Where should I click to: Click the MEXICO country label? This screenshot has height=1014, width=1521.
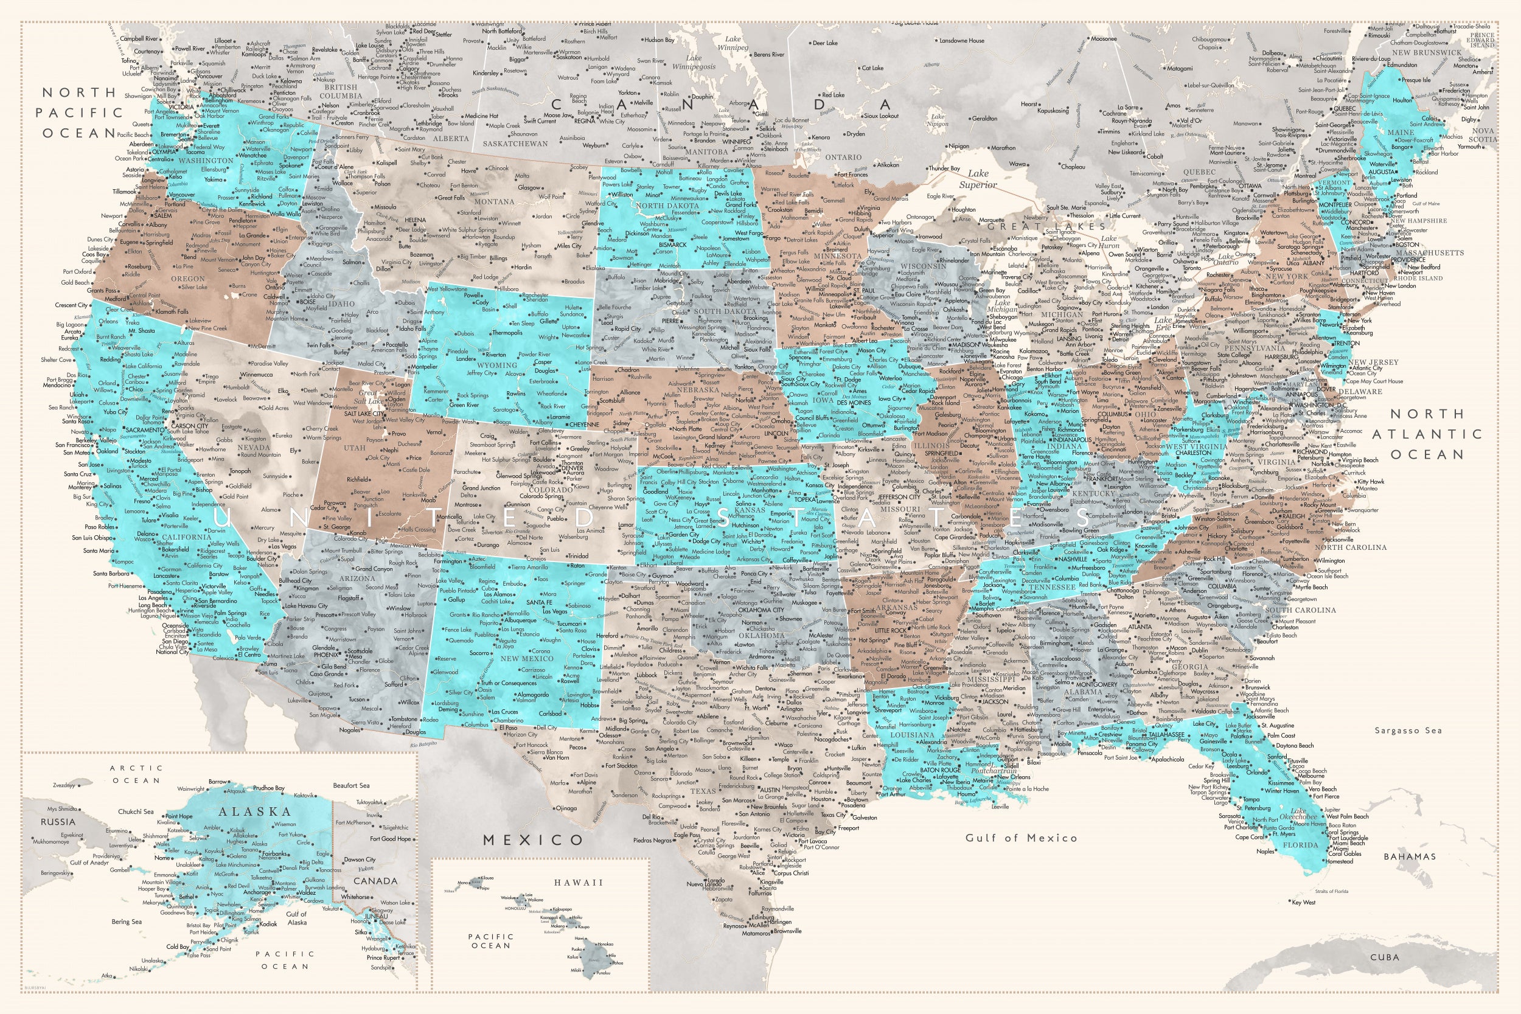[534, 840]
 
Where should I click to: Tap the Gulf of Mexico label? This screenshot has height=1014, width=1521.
[1021, 838]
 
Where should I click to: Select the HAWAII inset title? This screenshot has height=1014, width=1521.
[578, 883]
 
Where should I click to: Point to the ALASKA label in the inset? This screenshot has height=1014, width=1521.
[255, 811]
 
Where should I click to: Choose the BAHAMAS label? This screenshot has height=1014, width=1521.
[1409, 857]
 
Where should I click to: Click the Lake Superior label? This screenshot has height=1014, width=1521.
[978, 179]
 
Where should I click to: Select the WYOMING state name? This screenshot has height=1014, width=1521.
[496, 366]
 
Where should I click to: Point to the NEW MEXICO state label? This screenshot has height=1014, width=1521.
[527, 659]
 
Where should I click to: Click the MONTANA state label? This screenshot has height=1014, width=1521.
[494, 202]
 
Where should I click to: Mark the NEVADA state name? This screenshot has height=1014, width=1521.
[254, 448]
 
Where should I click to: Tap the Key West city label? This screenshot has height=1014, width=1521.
[1304, 902]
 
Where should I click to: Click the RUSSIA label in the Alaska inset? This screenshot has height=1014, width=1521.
[58, 822]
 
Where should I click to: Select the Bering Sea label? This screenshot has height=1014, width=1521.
[127, 922]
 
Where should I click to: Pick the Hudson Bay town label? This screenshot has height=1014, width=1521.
[659, 40]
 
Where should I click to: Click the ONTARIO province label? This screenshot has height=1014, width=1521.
[843, 157]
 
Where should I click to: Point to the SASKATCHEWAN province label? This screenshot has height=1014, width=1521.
[515, 144]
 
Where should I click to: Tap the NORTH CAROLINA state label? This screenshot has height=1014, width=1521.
[1350, 547]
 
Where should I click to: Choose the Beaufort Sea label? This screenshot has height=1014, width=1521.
[351, 786]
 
